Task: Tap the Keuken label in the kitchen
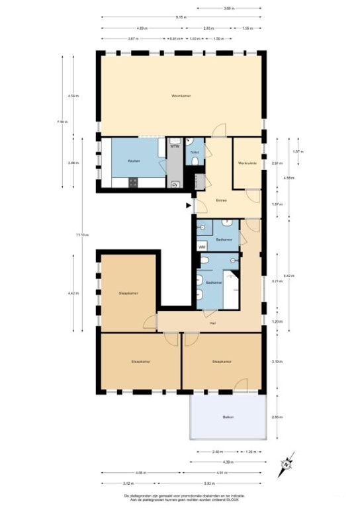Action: click(133, 161)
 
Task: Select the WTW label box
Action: click(175, 146)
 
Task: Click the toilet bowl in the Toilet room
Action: click(189, 143)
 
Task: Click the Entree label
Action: click(221, 200)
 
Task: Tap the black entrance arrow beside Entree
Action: click(189, 206)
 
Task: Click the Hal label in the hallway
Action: click(212, 323)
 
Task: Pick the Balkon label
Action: click(228, 417)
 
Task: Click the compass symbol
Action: click(287, 463)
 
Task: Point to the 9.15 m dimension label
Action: click(180, 17)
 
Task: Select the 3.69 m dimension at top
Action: click(228, 9)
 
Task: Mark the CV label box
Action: click(175, 185)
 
